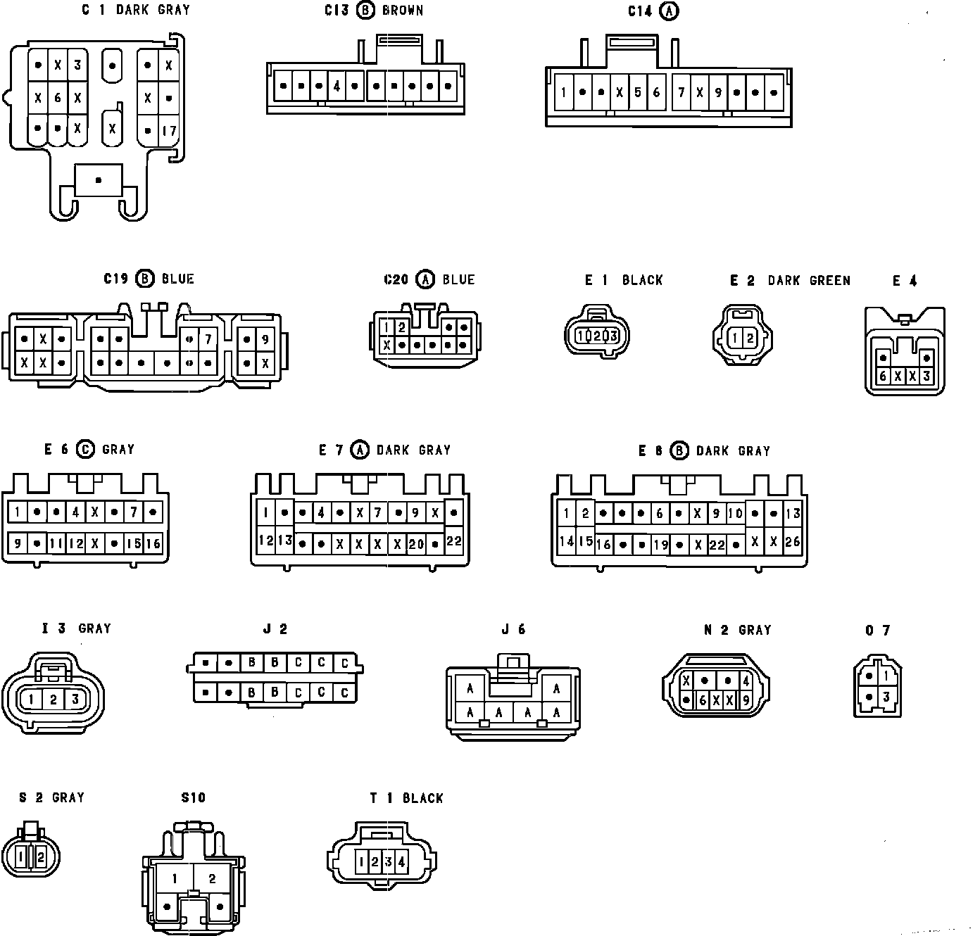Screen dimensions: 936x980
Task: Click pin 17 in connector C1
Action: (169, 131)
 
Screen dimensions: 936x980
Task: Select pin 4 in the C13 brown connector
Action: (337, 87)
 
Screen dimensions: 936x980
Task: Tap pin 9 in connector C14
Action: (717, 92)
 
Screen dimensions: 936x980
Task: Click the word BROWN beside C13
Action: (403, 11)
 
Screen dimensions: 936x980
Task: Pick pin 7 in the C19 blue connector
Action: (208, 339)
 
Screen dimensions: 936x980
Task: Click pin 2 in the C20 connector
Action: (401, 327)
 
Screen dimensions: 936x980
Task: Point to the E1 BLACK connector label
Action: (624, 280)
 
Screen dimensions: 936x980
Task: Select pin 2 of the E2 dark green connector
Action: (750, 339)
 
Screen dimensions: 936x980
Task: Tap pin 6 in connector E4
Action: (883, 377)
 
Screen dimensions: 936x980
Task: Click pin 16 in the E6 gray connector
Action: (153, 543)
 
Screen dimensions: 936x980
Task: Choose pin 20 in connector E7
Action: (416, 544)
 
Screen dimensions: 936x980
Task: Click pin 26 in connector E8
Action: (792, 541)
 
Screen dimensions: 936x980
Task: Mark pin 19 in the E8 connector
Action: (660, 544)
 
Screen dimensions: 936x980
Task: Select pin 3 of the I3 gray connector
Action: (76, 700)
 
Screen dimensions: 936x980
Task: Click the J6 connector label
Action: (513, 630)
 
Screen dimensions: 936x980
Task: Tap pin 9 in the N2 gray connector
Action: (746, 700)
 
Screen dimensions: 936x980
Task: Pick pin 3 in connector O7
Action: (886, 697)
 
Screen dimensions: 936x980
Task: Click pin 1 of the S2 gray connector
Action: (22, 857)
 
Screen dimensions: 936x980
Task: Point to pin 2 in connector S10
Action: (212, 878)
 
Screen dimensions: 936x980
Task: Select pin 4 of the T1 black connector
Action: (401, 861)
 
